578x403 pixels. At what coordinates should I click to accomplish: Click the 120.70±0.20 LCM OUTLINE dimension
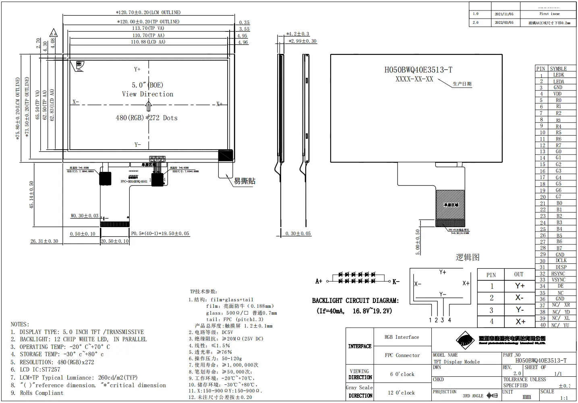[148, 13]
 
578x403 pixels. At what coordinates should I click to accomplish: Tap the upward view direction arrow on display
[148, 106]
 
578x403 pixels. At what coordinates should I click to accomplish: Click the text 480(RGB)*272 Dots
[147, 118]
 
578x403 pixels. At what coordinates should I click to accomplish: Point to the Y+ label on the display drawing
[137, 69]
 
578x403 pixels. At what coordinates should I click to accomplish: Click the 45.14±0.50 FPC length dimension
[32, 195]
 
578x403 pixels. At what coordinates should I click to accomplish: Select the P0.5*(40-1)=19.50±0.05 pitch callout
[160, 234]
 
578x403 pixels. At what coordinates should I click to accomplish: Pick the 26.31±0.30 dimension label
[44, 241]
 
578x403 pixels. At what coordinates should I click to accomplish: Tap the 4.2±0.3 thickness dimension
[298, 34]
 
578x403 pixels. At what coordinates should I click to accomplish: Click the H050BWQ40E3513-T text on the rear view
[418, 70]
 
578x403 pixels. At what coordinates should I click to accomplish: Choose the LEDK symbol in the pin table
[558, 75]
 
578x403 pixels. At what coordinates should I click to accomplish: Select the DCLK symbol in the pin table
[561, 261]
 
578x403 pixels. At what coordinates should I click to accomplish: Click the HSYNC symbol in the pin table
[558, 274]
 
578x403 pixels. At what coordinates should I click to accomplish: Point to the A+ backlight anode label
[319, 281]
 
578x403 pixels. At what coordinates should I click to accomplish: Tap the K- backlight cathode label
[396, 282]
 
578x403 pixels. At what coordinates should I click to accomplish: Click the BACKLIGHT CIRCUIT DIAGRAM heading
[355, 301]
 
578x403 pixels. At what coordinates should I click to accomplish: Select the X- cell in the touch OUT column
[519, 298]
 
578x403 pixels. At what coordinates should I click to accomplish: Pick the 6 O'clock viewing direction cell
[402, 374]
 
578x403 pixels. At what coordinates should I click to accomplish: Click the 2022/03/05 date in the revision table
[504, 23]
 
